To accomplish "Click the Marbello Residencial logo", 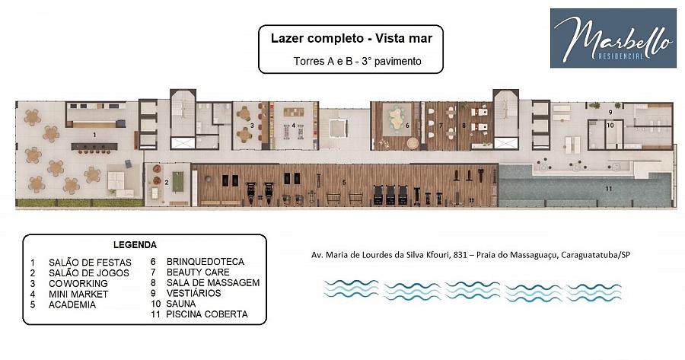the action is click(613, 38).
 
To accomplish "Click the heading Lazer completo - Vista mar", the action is click(351, 39).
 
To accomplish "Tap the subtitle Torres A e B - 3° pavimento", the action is click(358, 61).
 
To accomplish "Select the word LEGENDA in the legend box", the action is click(135, 244).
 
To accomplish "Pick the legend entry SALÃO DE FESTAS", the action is click(90, 263).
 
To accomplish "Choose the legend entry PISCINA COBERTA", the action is click(206, 314).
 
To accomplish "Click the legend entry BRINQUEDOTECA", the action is click(205, 262).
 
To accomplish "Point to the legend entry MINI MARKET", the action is click(78, 294).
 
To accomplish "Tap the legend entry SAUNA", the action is click(181, 304).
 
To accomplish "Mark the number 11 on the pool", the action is click(609, 189).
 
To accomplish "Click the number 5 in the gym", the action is click(344, 182).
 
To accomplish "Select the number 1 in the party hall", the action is click(94, 135).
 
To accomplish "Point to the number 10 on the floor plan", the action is click(610, 125).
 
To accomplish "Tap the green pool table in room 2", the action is click(178, 182).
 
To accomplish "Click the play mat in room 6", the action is click(397, 118).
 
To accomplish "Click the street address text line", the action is click(470, 255).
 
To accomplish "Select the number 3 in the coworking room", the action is click(252, 126).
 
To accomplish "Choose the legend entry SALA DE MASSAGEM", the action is click(213, 282).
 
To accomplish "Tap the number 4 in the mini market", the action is click(294, 126).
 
